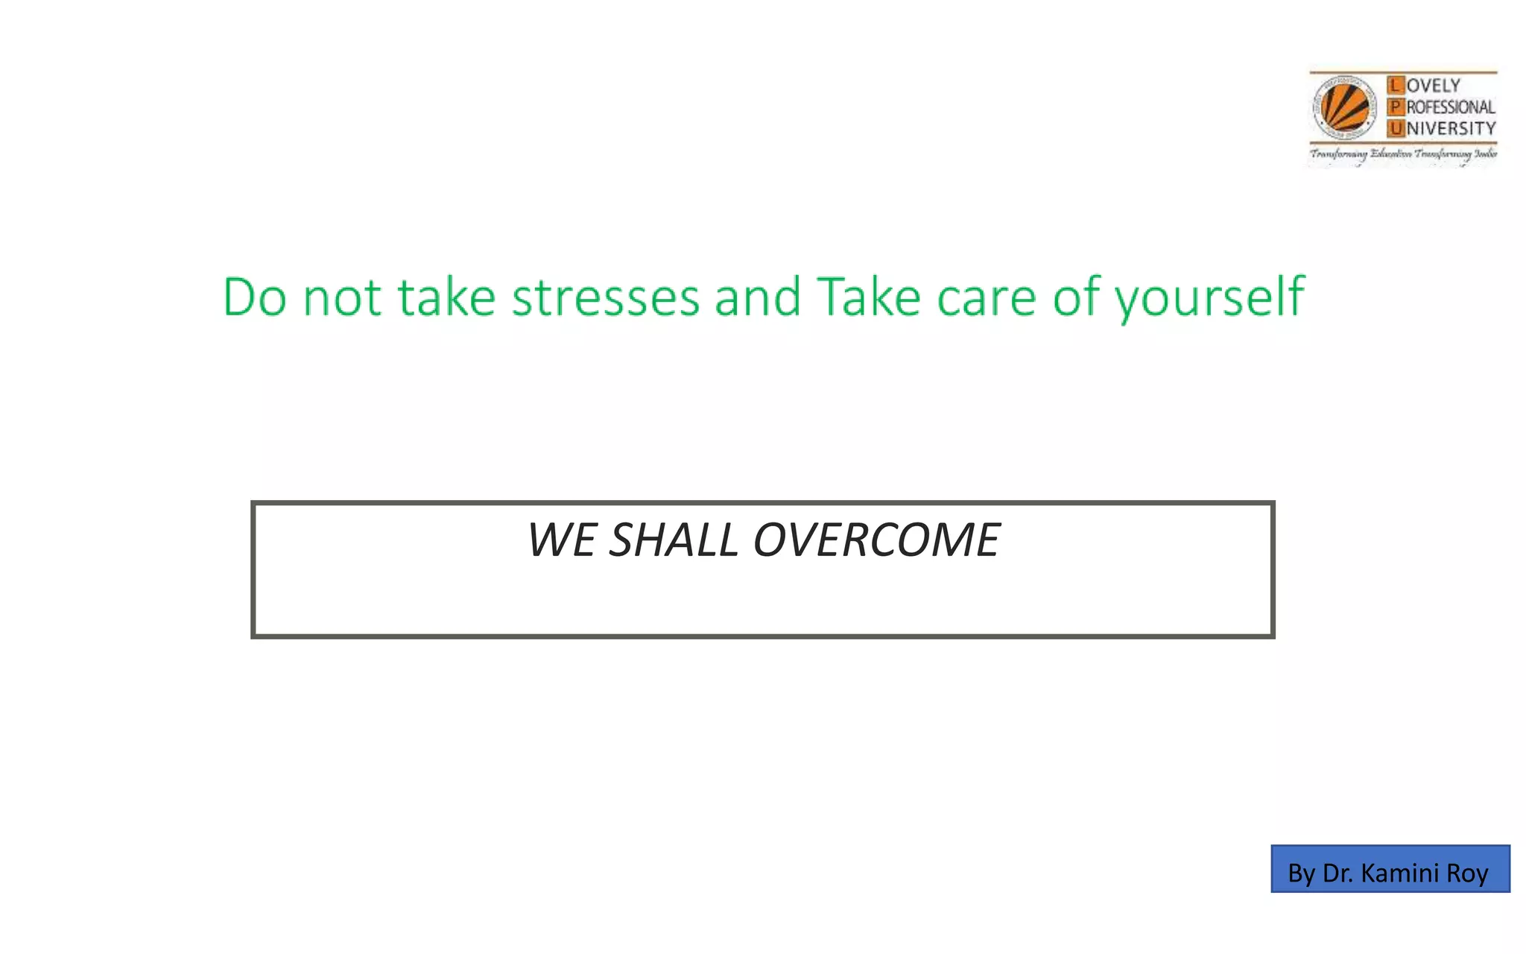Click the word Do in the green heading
click(x=254, y=297)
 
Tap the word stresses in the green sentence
click(x=605, y=297)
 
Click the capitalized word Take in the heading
click(x=869, y=297)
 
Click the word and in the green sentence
click(x=757, y=297)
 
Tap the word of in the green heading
click(x=1076, y=297)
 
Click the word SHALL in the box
click(x=673, y=540)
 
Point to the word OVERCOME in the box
click(x=876, y=540)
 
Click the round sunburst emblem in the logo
click(x=1344, y=108)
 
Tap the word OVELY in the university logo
click(x=1434, y=86)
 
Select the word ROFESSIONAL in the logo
click(x=1450, y=107)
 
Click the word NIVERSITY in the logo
click(x=1451, y=129)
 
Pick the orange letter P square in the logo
click(x=1395, y=107)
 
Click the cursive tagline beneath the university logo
click(x=1403, y=154)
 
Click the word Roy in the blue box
click(x=1467, y=873)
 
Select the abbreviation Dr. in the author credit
click(x=1337, y=873)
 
